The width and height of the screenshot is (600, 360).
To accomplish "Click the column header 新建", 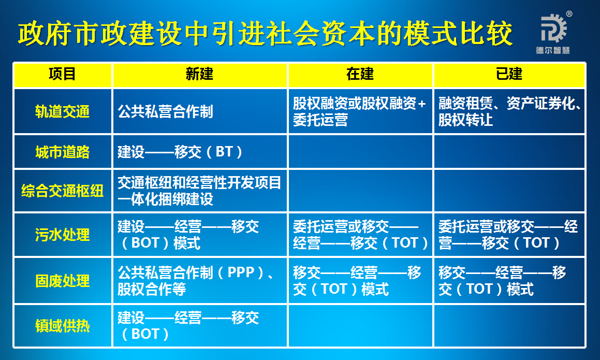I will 200,75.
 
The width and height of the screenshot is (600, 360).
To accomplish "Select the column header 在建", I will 360,75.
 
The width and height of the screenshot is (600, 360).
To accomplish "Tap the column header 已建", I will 509,75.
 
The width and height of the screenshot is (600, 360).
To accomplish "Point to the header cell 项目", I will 63,75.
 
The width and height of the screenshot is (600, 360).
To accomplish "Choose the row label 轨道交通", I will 63,111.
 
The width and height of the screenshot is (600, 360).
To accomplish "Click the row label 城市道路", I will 63,152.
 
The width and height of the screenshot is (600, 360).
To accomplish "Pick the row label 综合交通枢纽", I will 63,191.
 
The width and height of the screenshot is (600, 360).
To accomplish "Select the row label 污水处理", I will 63,235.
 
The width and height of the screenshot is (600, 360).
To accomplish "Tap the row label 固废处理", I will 63,281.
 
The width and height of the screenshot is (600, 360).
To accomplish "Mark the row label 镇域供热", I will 63,326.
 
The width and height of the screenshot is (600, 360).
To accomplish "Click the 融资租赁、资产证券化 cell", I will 509,111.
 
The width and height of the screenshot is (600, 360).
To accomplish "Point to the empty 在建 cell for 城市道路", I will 360,152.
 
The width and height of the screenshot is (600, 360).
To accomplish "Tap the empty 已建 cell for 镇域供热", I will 509,326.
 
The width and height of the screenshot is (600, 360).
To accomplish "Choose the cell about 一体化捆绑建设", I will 199,191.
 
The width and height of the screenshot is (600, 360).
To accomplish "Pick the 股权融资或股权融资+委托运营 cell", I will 360,111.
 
